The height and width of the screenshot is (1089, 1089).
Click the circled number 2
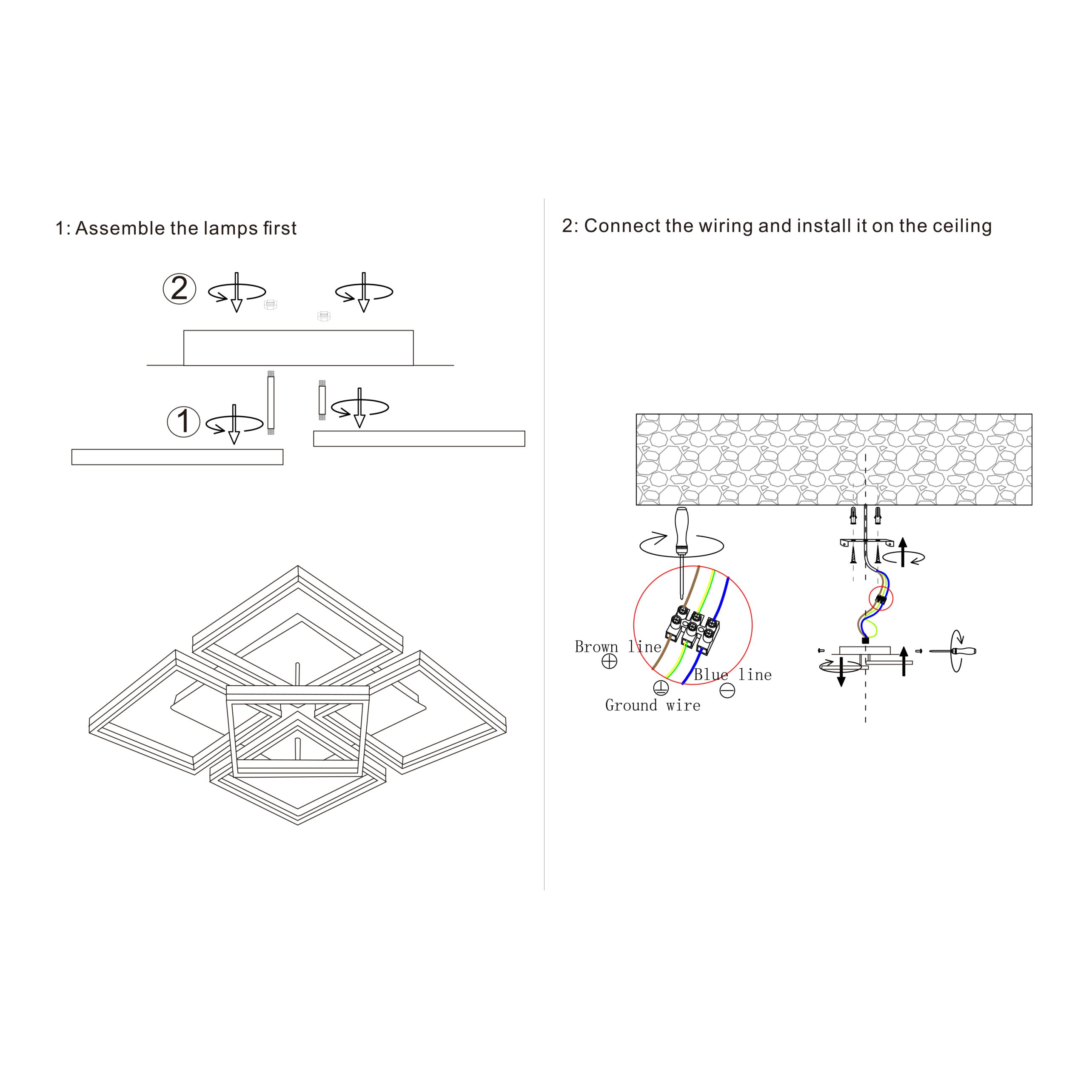coord(179,289)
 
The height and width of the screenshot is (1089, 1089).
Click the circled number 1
coord(184,422)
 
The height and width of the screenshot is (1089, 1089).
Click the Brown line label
coord(618,647)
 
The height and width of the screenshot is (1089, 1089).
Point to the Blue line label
coord(733,675)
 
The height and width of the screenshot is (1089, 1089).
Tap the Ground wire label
coord(653,705)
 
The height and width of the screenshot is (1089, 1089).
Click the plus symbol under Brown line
coord(609,661)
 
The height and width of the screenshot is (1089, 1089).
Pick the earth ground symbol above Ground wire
coord(661,688)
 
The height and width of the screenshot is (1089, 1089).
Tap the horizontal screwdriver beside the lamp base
coord(952,651)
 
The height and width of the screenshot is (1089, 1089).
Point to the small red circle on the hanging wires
coord(881,598)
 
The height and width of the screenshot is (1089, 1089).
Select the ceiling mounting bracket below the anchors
coord(867,543)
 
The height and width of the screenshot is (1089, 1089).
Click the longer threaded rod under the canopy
coord(271,402)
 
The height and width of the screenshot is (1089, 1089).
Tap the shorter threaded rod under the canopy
coord(322,401)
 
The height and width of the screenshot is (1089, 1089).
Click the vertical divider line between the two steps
coord(544,544)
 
